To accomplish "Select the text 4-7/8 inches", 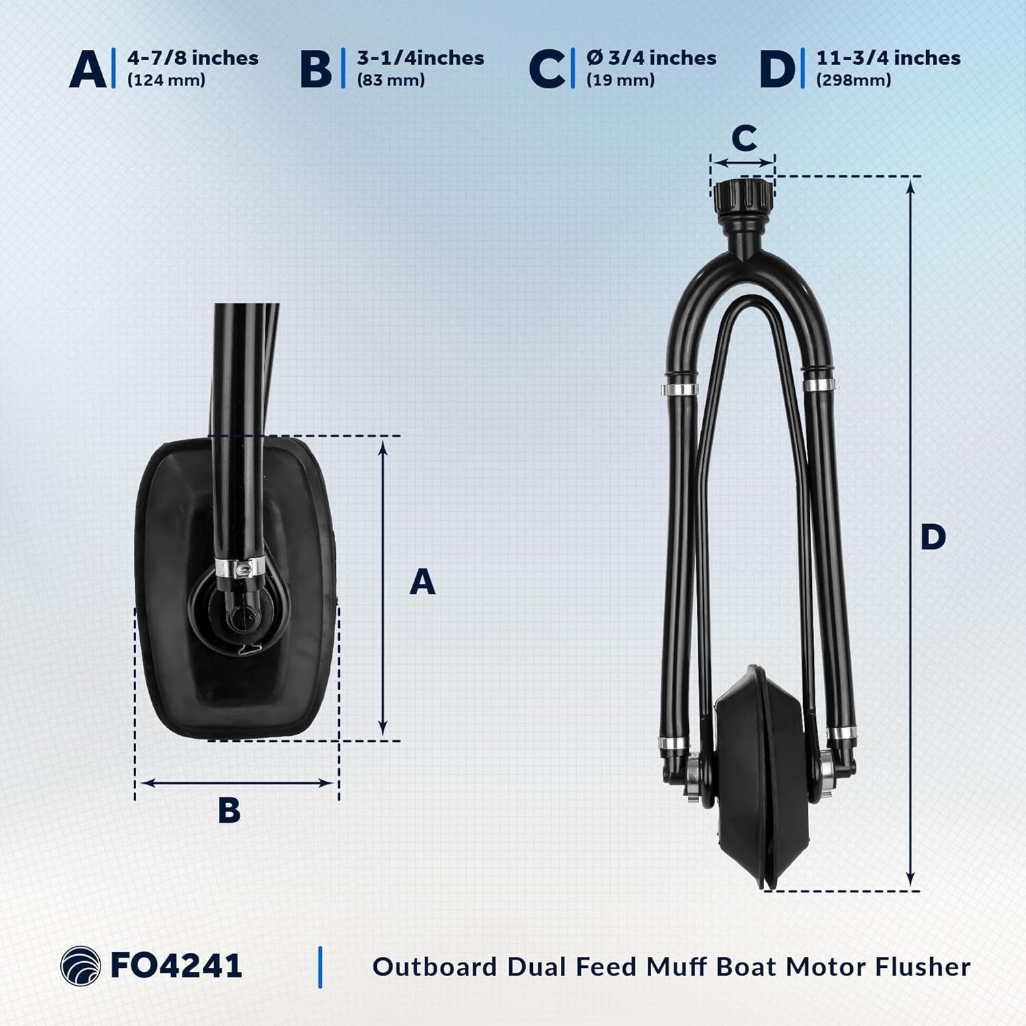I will (x=193, y=58).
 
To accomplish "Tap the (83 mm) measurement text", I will (x=391, y=80).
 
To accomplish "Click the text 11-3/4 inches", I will (x=889, y=58).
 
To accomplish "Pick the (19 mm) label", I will (x=620, y=80).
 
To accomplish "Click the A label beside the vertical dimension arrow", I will (x=422, y=582).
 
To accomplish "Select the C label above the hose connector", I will (x=744, y=138).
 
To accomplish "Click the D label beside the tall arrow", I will (x=933, y=537).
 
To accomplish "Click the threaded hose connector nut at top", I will (x=743, y=197).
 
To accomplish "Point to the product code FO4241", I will (x=176, y=966).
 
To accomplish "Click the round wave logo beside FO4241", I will (x=80, y=966).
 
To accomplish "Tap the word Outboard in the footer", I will (x=435, y=966).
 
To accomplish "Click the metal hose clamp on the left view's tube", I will (x=239, y=567).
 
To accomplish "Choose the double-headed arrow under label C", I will (x=743, y=163).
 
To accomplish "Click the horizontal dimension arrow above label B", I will (x=237, y=782).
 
